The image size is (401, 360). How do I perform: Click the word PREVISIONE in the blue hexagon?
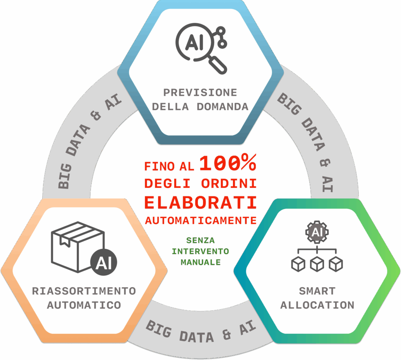coord(200,92)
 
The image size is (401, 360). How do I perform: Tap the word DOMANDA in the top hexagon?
coord(222,106)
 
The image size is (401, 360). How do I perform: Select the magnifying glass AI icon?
coord(201,49)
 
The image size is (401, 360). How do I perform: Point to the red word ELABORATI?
coord(200,203)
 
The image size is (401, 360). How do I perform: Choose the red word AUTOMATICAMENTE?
coord(201,220)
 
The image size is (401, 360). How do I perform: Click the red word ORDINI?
coord(229,184)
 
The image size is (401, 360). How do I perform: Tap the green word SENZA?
coord(200,240)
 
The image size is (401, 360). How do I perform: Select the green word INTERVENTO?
coord(200,251)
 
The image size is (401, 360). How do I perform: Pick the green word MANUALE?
coord(200,263)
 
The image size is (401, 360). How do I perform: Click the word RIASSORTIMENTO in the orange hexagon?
coord(84,291)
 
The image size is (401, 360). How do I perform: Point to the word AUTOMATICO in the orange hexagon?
coord(84,305)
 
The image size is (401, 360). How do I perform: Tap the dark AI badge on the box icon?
coord(103,262)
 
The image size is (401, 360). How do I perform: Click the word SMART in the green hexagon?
coord(317,291)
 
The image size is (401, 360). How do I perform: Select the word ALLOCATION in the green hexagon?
coord(317,305)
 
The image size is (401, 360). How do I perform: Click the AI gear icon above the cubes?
coord(317,232)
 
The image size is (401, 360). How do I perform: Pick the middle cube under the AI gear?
coord(317,264)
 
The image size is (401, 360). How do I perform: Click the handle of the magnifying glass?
coord(218,65)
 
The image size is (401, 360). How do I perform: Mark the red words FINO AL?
coord(169,166)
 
